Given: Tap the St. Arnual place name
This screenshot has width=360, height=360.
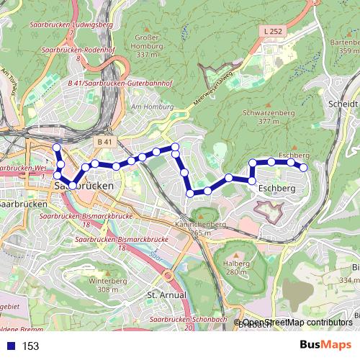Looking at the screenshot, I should tap(166, 295).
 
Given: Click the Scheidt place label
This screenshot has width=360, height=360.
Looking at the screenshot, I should tap(343, 104).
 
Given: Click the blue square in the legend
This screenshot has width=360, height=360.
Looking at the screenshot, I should tap(11, 346).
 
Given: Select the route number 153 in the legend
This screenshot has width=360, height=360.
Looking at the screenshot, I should tap(30, 346).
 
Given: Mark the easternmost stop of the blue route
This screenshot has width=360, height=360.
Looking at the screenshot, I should tap(304, 168).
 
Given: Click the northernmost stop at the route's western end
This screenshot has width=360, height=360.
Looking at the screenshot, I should tap(57, 148).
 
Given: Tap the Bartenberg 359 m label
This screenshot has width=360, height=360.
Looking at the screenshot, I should tap(344, 46).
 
